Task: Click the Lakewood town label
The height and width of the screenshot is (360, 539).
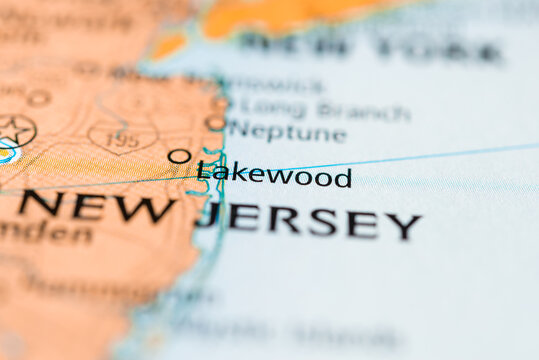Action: [274, 177]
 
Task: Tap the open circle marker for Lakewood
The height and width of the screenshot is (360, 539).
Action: [178, 156]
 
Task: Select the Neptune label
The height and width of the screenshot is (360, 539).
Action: [287, 131]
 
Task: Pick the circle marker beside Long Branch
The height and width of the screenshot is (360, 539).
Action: [220, 101]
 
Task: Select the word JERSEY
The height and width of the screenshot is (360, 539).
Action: [309, 221]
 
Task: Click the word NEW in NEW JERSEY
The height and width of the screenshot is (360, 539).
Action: [96, 207]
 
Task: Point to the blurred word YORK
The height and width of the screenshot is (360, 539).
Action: [441, 50]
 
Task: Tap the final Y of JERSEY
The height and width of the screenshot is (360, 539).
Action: [405, 226]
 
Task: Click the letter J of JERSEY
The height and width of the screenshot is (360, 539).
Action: [207, 214]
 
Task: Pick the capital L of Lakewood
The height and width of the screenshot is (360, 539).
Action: [204, 172]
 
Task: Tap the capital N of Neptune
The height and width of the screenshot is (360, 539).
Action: [236, 128]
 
